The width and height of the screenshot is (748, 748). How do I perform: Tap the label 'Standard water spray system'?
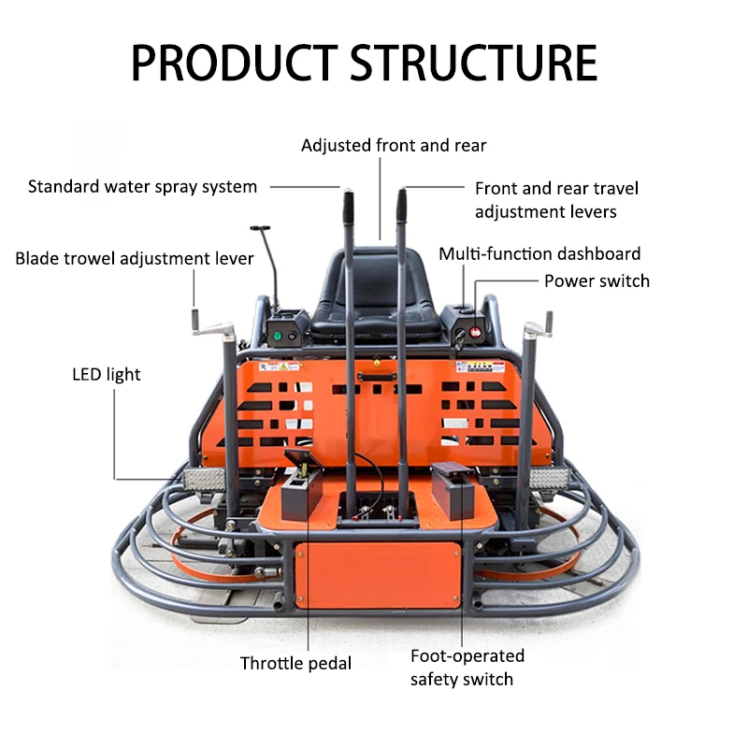click(x=142, y=186)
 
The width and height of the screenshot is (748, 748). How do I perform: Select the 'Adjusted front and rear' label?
click(x=394, y=145)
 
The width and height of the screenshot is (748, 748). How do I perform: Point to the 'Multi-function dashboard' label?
click(x=539, y=253)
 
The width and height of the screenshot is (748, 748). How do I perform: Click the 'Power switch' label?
click(x=597, y=280)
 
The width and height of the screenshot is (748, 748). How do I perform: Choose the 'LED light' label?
click(x=107, y=374)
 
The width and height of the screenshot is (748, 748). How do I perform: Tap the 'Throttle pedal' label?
click(x=295, y=663)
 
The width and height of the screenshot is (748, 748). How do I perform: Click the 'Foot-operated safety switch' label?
click(x=467, y=667)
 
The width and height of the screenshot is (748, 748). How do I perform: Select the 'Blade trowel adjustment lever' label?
click(x=135, y=258)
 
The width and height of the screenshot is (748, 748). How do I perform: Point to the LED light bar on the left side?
click(x=203, y=479)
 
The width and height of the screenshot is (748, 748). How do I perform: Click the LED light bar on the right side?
click(x=545, y=479)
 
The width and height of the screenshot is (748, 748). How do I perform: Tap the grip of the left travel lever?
click(x=347, y=205)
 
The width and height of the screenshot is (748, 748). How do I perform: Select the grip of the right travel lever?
click(x=404, y=205)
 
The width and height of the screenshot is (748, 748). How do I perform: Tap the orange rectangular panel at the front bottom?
click(x=379, y=575)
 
